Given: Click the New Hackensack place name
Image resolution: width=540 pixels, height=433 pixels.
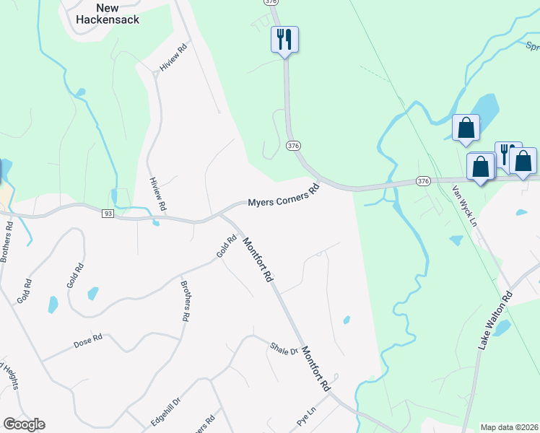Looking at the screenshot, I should click(x=108, y=13).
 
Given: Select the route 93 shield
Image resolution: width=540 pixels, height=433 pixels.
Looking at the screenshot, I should click(x=108, y=214).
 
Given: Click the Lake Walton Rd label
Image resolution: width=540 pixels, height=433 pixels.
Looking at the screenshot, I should click(x=495, y=321).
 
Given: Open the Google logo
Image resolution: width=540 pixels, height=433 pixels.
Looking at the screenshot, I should click(x=24, y=424).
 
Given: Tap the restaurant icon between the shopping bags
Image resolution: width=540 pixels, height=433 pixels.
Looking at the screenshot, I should click(x=506, y=154).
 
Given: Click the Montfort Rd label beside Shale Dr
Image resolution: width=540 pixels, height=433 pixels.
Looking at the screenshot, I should click(x=315, y=368).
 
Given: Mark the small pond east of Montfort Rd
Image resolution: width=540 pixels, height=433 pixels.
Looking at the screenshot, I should click(x=347, y=320).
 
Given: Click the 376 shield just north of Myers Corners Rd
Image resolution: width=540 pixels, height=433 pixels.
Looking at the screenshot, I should click(x=292, y=146).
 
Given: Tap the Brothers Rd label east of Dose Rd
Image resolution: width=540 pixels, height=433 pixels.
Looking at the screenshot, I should click(x=185, y=300).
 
